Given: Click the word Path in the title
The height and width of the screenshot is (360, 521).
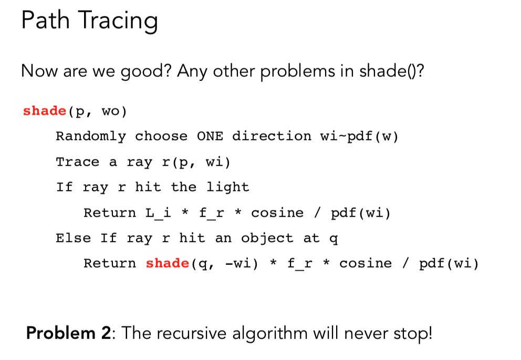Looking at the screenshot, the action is (x=46, y=20).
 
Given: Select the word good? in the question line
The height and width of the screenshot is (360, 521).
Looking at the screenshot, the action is (x=145, y=71).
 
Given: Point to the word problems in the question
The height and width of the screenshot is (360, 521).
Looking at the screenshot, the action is (x=298, y=71).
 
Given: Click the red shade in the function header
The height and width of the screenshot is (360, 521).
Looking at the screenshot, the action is (x=45, y=111).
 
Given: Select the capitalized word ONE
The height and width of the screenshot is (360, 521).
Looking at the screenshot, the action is (x=210, y=136).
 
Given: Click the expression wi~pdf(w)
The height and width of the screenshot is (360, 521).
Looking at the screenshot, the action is (x=359, y=137).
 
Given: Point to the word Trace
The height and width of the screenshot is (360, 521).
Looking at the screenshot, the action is (x=78, y=162).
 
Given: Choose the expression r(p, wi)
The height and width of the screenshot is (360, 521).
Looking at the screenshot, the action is (x=196, y=162).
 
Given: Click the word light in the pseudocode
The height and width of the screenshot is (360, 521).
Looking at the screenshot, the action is (x=227, y=188).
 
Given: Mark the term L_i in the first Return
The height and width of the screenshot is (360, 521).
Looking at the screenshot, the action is (x=158, y=213).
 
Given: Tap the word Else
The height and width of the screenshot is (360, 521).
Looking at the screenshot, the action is (x=74, y=238).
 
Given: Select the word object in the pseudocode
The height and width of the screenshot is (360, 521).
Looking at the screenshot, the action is (x=267, y=239).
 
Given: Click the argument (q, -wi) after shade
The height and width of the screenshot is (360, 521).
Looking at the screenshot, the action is (x=224, y=264).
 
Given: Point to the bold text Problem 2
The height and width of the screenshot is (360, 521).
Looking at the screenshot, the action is (x=68, y=333).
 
